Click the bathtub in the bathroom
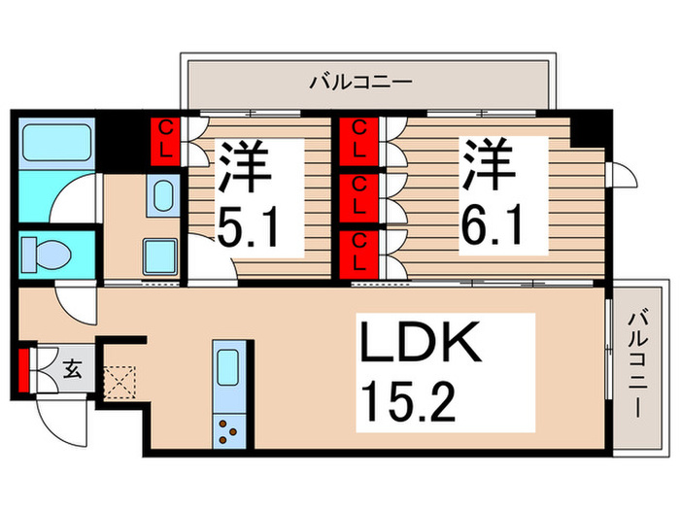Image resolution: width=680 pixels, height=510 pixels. coord(55,143)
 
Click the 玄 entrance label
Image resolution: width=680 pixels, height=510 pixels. coord(72,367)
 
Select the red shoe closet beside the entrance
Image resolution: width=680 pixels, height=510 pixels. coord(22,368)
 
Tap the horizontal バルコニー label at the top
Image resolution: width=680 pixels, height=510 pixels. coord(360,82)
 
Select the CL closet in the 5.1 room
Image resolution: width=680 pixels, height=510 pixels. coord(167,141)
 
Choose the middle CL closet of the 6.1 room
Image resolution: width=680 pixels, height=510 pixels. coord(357,195)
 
